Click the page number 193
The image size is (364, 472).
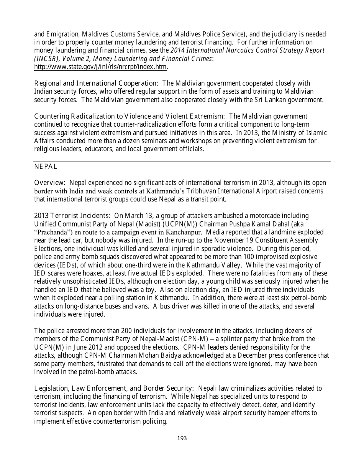(182, 438)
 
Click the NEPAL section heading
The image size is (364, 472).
(46, 167)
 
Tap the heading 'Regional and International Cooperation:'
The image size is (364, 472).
(96, 83)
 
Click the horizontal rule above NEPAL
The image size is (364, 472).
(182, 162)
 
